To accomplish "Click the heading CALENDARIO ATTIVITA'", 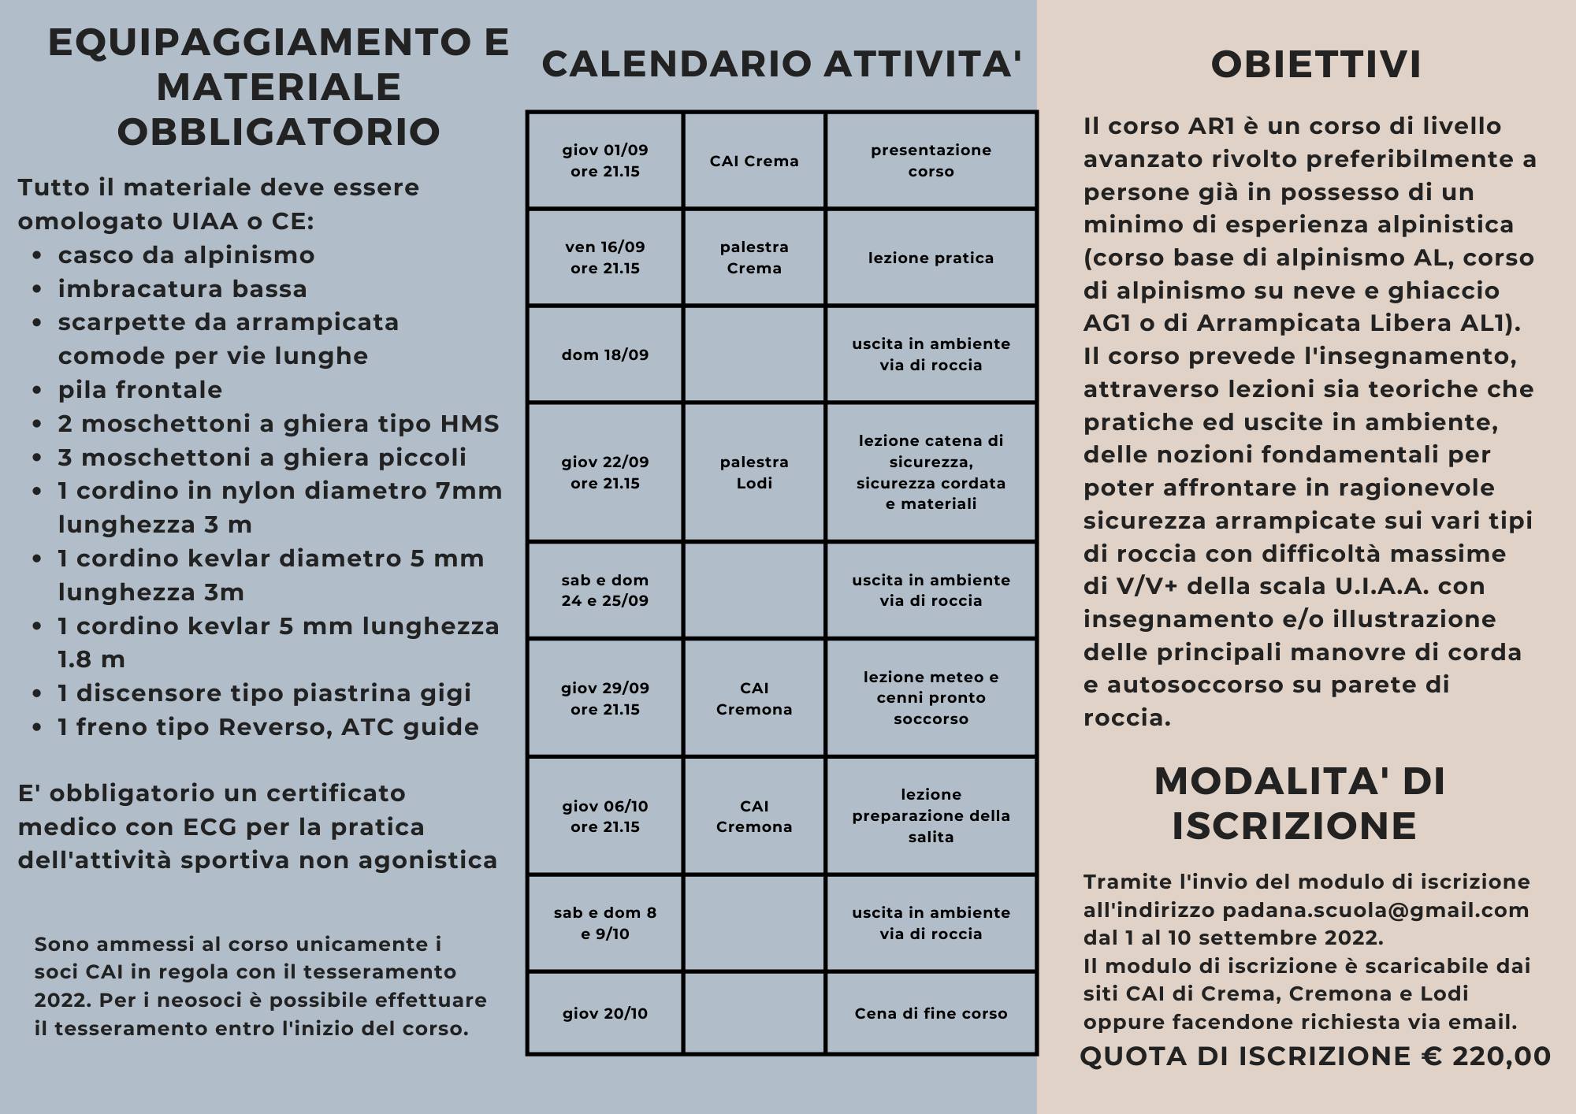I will tap(781, 65).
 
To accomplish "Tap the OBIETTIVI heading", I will tap(1316, 65).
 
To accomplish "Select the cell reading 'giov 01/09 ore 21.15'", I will tap(605, 161).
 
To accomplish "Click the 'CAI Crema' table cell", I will tap(754, 161).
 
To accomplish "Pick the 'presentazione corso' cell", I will tap(931, 161).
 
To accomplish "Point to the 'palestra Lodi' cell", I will tap(754, 473).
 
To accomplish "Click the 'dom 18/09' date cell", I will tap(605, 355).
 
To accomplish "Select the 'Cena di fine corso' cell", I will tap(931, 1013).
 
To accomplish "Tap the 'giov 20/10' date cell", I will tap(605, 1013).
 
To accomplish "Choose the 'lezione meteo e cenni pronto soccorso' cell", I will tap(931, 698).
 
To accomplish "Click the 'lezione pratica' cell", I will tap(931, 258).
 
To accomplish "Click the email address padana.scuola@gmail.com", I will tap(1375, 910).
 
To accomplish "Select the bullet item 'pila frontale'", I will tap(140, 390).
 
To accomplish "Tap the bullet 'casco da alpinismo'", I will tap(186, 255).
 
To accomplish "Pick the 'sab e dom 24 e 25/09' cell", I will tap(605, 590).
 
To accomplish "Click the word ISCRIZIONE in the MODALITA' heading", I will tap(1294, 826).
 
